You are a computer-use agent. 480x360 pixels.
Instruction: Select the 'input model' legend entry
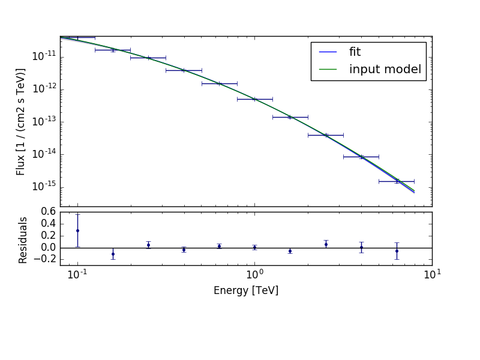coord(385,70)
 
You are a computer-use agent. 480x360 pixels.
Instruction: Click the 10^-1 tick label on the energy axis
coord(77,275)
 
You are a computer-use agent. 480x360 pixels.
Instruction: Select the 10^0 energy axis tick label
coord(254,275)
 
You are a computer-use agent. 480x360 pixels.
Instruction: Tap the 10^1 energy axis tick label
coord(431,275)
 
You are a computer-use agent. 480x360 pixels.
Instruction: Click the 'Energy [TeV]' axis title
coord(246,291)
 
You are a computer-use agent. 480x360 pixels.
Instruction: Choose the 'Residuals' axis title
coord(23,240)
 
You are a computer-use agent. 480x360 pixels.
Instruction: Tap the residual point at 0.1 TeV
coord(77,230)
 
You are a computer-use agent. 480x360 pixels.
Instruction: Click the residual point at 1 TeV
coord(254,247)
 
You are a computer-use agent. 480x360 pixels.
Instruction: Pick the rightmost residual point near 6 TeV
coord(397,251)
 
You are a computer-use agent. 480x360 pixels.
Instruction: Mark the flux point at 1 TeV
coord(254,99)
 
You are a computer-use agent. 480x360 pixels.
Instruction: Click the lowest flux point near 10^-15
coord(397,181)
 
